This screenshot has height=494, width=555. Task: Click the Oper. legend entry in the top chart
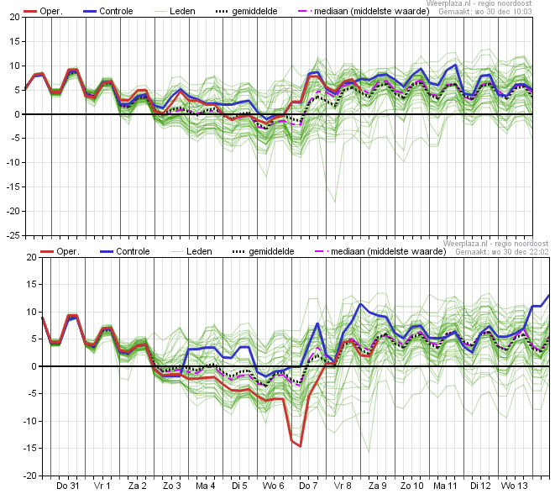tap(43, 11)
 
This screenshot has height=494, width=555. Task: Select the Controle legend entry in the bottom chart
tap(125, 251)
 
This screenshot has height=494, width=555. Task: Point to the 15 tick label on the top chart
tap(15, 41)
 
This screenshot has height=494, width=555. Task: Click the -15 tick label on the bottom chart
tap(30, 448)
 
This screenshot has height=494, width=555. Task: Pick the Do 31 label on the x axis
tap(68, 486)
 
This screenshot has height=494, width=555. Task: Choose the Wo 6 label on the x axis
tap(273, 486)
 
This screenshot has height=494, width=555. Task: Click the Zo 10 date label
tap(411, 486)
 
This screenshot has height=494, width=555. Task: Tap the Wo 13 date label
tap(515, 486)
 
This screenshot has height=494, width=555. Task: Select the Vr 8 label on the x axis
tap(343, 486)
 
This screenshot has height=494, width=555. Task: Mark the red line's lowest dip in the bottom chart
tap(300, 446)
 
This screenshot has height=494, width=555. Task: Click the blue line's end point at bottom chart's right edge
tap(549, 296)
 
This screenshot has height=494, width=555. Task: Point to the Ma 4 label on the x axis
tap(206, 486)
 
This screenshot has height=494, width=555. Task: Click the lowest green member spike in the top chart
tap(335, 202)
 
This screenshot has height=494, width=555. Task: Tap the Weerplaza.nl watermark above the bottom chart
tap(495, 244)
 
